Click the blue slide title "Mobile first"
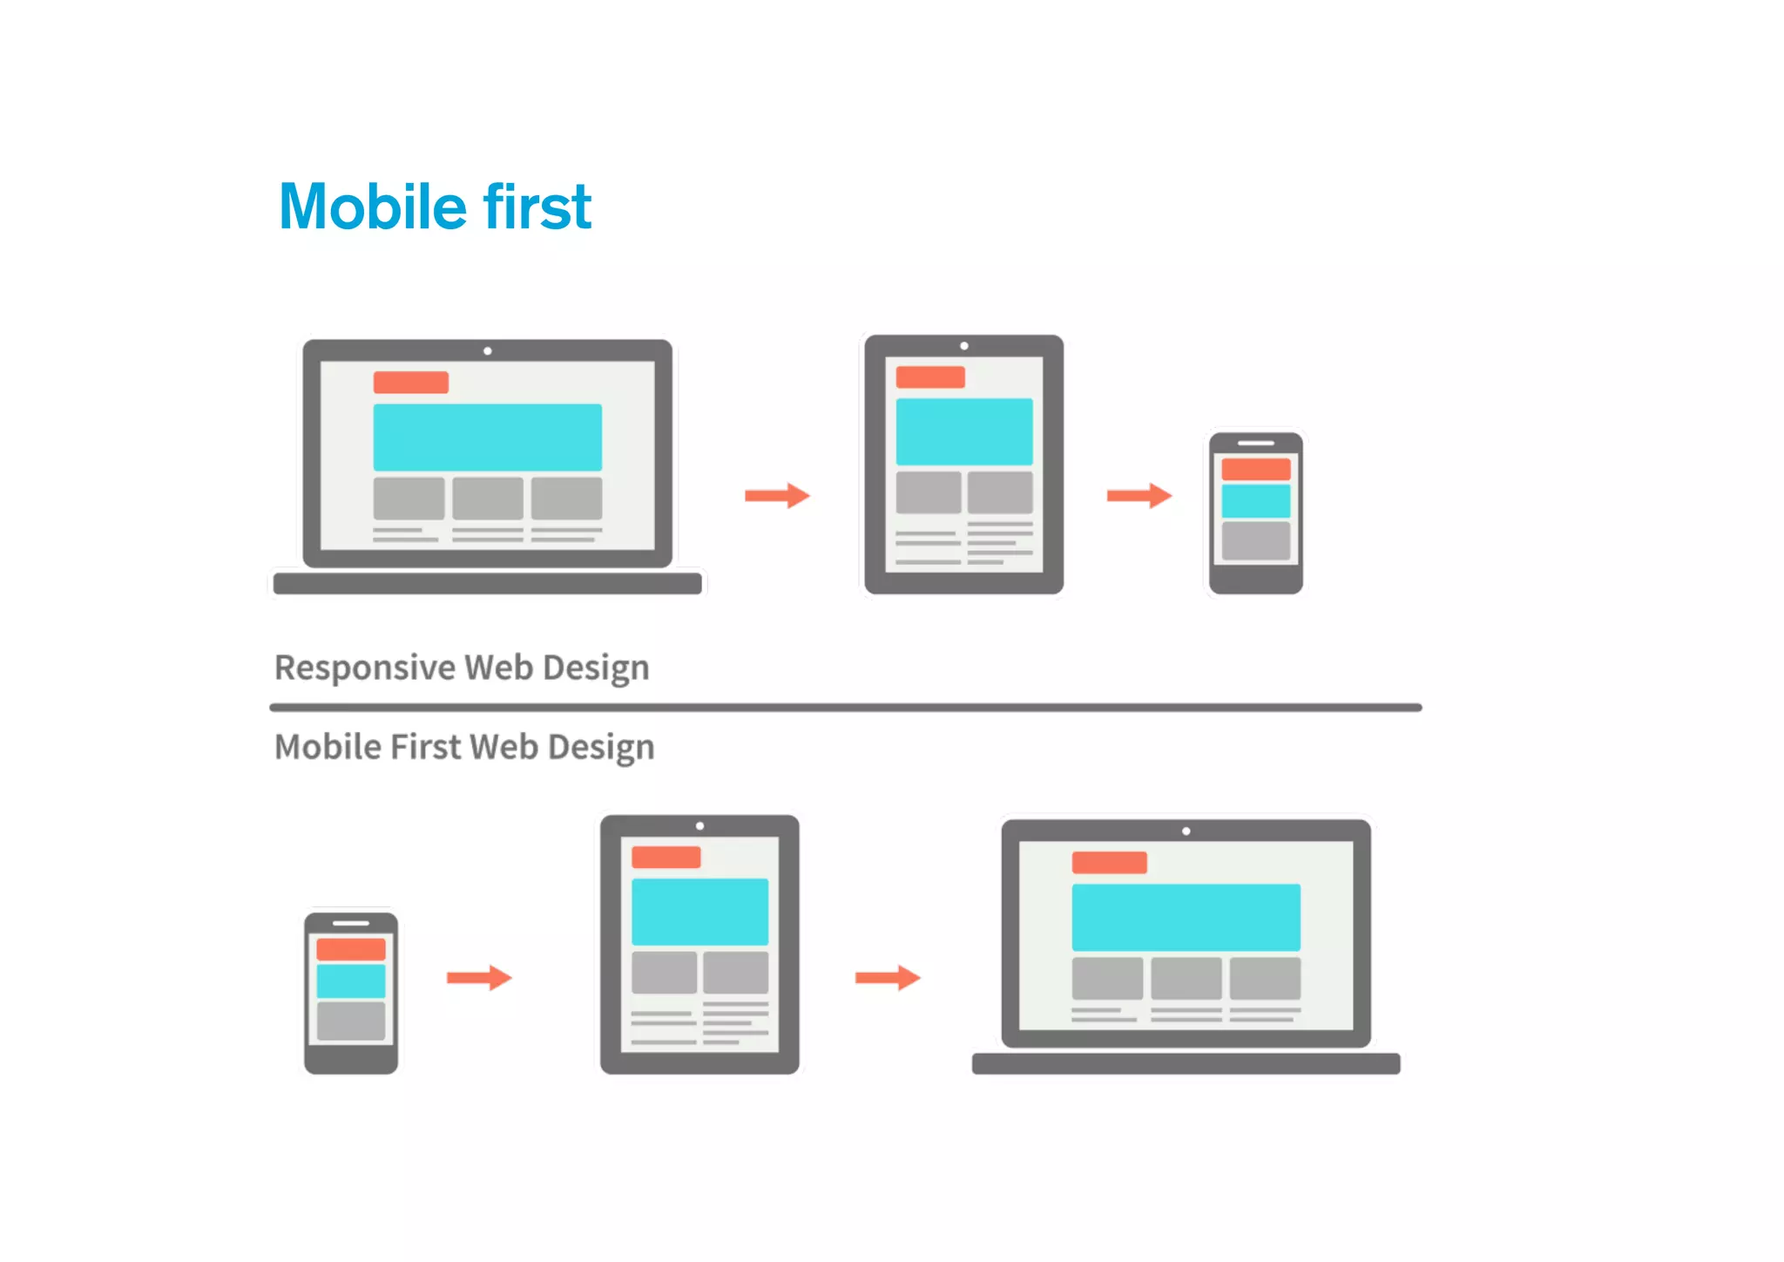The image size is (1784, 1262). [x=435, y=207]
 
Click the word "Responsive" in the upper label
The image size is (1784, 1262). [x=365, y=668]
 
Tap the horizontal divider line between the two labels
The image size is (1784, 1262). [x=845, y=708]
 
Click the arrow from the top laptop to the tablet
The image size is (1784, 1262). [x=777, y=496]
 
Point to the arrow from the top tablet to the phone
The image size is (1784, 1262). [x=1139, y=496]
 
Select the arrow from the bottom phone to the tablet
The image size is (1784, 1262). [x=478, y=977]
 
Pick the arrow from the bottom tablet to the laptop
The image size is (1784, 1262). [x=887, y=977]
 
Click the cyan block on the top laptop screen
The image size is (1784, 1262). [x=487, y=437]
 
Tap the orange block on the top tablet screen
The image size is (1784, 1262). [x=930, y=377]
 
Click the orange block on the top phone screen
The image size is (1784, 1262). [x=1255, y=469]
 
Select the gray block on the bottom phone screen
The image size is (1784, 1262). [x=350, y=1021]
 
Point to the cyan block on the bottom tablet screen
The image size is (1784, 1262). [x=699, y=912]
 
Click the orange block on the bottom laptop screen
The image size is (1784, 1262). [x=1109, y=862]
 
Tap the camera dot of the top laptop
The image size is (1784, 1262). [x=488, y=351]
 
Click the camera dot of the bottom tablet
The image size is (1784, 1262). [x=699, y=826]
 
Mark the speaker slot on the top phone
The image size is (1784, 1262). [x=1255, y=443]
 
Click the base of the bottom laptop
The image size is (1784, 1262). [x=1186, y=1063]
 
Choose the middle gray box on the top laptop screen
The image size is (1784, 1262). [x=487, y=498]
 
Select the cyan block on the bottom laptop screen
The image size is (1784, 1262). [x=1186, y=917]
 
